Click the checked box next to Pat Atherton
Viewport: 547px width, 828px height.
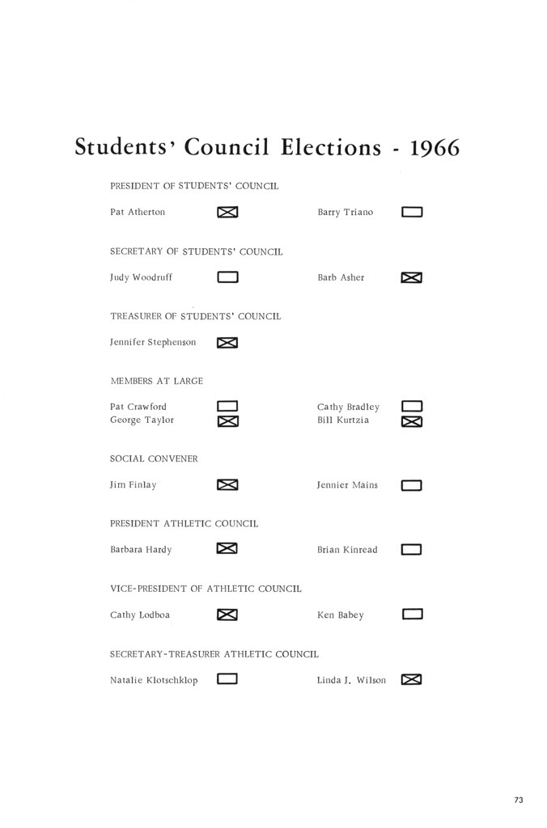pyautogui.click(x=227, y=213)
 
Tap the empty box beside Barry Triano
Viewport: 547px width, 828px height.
pyautogui.click(x=412, y=213)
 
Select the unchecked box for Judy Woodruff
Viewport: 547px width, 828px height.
pyautogui.click(x=227, y=277)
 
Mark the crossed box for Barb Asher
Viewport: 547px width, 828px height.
pyautogui.click(x=412, y=278)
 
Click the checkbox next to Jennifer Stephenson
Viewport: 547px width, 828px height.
pyautogui.click(x=227, y=343)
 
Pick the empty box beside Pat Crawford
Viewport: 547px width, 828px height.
pyautogui.click(x=227, y=407)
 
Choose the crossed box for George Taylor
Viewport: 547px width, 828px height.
pyautogui.click(x=227, y=421)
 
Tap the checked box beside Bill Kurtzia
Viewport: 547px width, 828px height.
pyautogui.click(x=412, y=421)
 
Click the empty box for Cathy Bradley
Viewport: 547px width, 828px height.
pyautogui.click(x=412, y=407)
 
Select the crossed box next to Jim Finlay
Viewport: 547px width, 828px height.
pyautogui.click(x=227, y=485)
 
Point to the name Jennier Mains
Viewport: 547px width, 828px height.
pyautogui.click(x=347, y=485)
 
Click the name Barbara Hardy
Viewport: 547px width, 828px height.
pyautogui.click(x=141, y=550)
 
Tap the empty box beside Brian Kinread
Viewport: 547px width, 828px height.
pyautogui.click(x=412, y=550)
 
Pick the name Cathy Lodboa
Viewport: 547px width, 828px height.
pyautogui.click(x=140, y=615)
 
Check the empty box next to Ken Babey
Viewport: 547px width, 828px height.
pyautogui.click(x=412, y=615)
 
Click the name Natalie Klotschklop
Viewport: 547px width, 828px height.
pyautogui.click(x=154, y=680)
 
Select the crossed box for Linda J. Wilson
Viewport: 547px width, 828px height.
pyautogui.click(x=412, y=679)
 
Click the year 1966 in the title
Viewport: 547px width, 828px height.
pyautogui.click(x=435, y=148)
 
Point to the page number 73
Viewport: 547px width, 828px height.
pyautogui.click(x=519, y=801)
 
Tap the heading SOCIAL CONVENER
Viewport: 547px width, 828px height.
pyautogui.click(x=154, y=458)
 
